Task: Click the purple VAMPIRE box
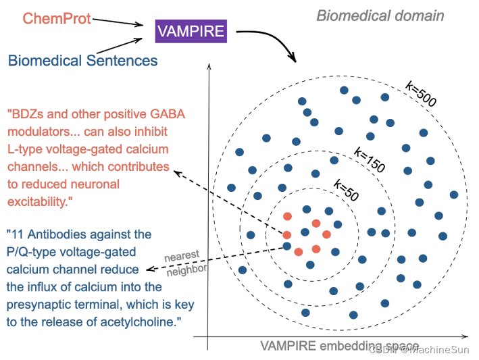pos(191,30)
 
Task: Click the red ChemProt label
pos(57,19)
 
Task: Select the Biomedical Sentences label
pos(83,61)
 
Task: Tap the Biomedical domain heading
pos(380,15)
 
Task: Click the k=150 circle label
pos(369,161)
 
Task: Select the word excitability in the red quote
pos(39,201)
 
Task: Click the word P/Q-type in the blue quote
pos(32,252)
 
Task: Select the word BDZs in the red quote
pos(28,113)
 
